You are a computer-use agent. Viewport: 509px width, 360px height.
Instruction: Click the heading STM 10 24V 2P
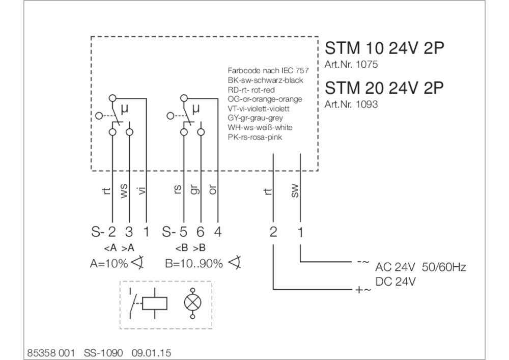click(384, 48)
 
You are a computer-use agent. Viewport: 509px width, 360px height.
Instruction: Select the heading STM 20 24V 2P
click(384, 88)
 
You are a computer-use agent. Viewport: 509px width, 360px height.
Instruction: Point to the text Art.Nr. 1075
click(351, 64)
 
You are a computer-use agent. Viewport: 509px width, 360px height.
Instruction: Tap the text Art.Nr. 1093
click(351, 104)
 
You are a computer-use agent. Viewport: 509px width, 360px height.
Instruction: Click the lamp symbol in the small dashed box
click(192, 302)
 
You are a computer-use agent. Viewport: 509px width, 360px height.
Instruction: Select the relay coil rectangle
click(155, 303)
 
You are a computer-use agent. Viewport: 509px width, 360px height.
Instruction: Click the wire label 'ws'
click(124, 190)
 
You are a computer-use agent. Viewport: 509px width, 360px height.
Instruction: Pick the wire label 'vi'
click(142, 191)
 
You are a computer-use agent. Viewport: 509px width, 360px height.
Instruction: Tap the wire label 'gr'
click(194, 189)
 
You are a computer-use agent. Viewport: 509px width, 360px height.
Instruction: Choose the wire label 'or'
click(213, 190)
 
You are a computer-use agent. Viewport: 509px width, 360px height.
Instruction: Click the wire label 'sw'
click(295, 191)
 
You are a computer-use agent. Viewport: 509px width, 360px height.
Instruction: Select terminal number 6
click(200, 232)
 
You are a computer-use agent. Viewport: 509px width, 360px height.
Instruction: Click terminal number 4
click(218, 232)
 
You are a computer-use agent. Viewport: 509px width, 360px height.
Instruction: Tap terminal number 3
click(129, 232)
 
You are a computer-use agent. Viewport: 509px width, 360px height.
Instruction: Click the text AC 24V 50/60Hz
click(421, 267)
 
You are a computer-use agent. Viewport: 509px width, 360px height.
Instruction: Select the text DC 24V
click(395, 282)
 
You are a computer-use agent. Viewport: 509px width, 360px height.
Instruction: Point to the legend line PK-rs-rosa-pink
click(255, 137)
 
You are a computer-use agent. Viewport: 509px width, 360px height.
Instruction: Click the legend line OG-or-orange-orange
click(265, 99)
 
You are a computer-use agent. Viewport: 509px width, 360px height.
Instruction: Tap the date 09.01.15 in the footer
click(151, 353)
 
